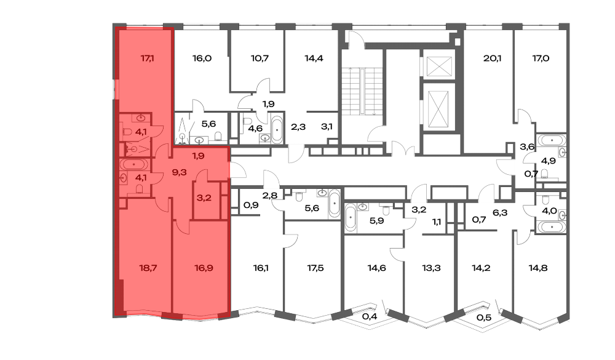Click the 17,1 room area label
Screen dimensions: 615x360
[x=147, y=58]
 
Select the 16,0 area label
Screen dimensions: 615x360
[x=202, y=58]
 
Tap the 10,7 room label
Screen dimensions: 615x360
[x=260, y=58]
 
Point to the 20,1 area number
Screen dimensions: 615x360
[x=492, y=58]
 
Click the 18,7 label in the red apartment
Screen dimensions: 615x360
[x=148, y=268]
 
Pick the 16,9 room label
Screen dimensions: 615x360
[x=204, y=268]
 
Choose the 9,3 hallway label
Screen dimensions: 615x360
[x=179, y=172]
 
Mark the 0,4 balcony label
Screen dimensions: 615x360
[x=370, y=316]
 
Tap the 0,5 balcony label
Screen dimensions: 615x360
[x=484, y=317]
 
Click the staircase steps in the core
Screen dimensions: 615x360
[x=362, y=92]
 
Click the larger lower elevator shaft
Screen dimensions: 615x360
[x=438, y=109]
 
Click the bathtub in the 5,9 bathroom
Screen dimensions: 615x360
[x=351, y=218]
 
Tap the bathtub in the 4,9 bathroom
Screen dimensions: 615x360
[x=552, y=140]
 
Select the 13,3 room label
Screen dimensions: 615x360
[x=432, y=268]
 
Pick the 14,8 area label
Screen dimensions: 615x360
[x=538, y=268]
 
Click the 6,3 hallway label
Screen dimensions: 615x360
[x=500, y=213]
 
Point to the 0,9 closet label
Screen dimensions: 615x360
[x=251, y=205]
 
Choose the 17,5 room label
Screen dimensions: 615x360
[x=315, y=268]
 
